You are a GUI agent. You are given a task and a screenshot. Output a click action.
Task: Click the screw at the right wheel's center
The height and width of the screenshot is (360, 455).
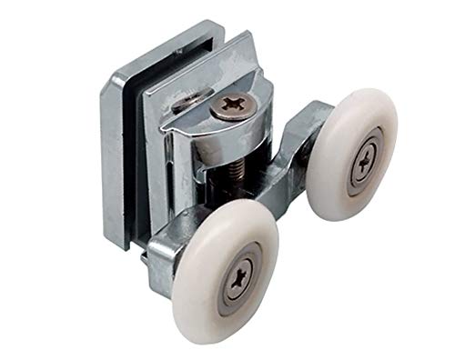(364, 161)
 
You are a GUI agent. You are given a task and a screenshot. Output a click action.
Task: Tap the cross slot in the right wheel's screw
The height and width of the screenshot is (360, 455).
(364, 161)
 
